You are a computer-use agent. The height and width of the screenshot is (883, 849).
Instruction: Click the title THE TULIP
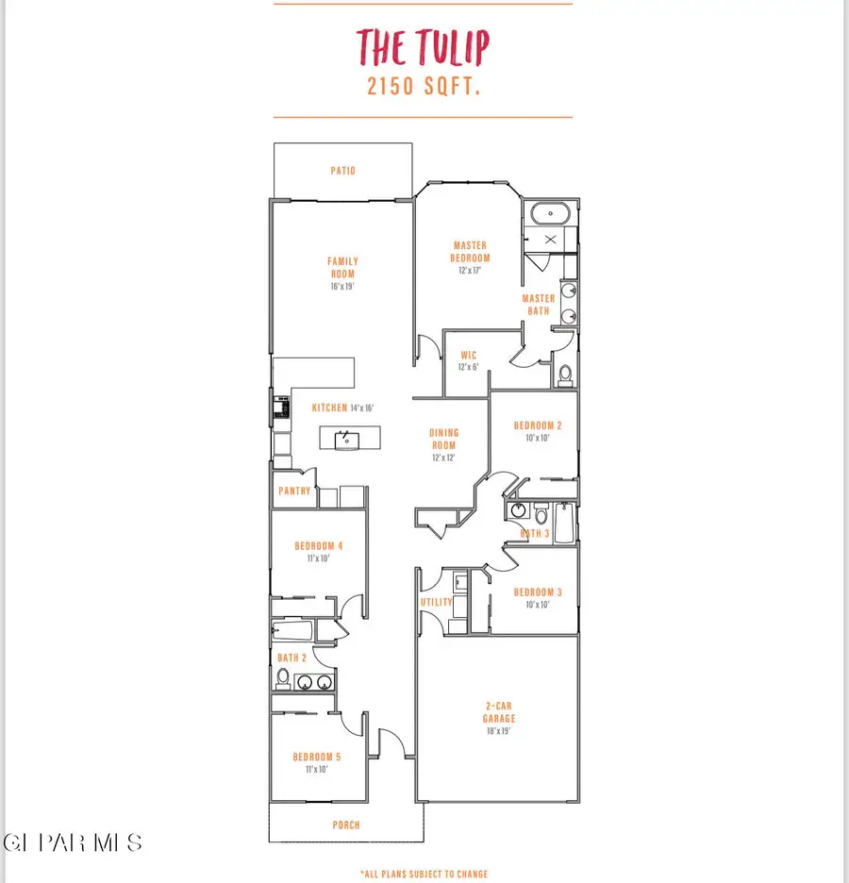point(423,47)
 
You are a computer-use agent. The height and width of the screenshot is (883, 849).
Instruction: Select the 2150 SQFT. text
point(423,86)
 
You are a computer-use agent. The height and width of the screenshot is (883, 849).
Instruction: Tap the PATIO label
point(342,172)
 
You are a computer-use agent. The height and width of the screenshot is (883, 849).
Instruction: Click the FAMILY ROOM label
point(342,268)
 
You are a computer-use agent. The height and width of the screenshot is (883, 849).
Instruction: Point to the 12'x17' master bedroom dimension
point(470,270)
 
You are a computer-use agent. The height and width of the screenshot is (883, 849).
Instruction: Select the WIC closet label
point(468,356)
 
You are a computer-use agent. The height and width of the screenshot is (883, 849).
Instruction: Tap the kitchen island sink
point(347,439)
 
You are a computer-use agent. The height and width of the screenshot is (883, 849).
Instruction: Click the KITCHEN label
point(330,408)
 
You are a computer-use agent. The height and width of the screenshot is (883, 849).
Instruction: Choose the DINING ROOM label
point(443,440)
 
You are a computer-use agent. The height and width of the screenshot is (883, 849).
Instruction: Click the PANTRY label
point(294,491)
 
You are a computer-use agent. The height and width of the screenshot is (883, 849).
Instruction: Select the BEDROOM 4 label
point(318,546)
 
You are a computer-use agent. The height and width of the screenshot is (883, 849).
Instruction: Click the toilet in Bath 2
point(282,677)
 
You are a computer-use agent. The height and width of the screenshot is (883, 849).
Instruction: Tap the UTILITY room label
point(436,602)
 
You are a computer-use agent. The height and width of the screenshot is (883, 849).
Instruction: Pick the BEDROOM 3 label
point(538,592)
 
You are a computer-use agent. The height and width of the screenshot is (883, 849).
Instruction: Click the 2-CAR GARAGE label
point(499,712)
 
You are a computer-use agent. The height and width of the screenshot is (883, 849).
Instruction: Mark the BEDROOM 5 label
point(316,757)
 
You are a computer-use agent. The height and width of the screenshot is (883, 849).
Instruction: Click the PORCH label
point(346,825)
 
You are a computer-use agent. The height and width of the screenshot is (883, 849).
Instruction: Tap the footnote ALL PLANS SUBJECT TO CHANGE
point(424,875)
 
